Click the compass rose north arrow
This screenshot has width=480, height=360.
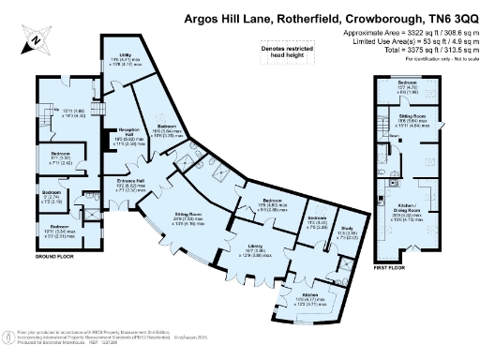(33, 40)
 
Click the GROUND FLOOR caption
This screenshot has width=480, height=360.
(54, 256)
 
